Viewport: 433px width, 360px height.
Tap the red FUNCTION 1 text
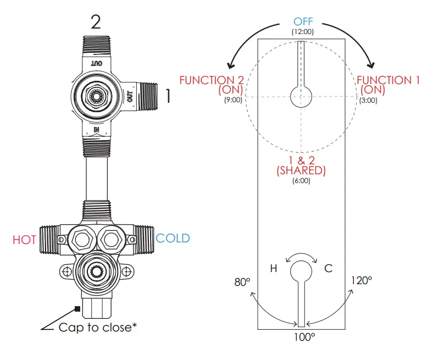coord(388,80)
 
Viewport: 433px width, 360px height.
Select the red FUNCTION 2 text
coord(214,80)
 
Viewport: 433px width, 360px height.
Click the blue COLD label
coord(173,239)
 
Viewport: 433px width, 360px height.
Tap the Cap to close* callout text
coord(97,328)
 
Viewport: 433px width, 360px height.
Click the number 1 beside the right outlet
coord(168,97)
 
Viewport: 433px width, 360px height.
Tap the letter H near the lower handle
coord(273,268)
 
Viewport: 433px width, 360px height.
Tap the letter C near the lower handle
coord(328,268)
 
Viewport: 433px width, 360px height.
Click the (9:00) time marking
coord(232,100)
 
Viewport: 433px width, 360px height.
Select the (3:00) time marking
coord(368,100)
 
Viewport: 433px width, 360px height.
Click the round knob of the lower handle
coord(301,270)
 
